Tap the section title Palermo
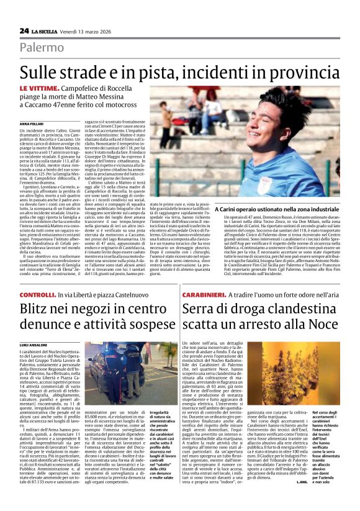coord(41,47)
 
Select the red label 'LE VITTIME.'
coord(40,90)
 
